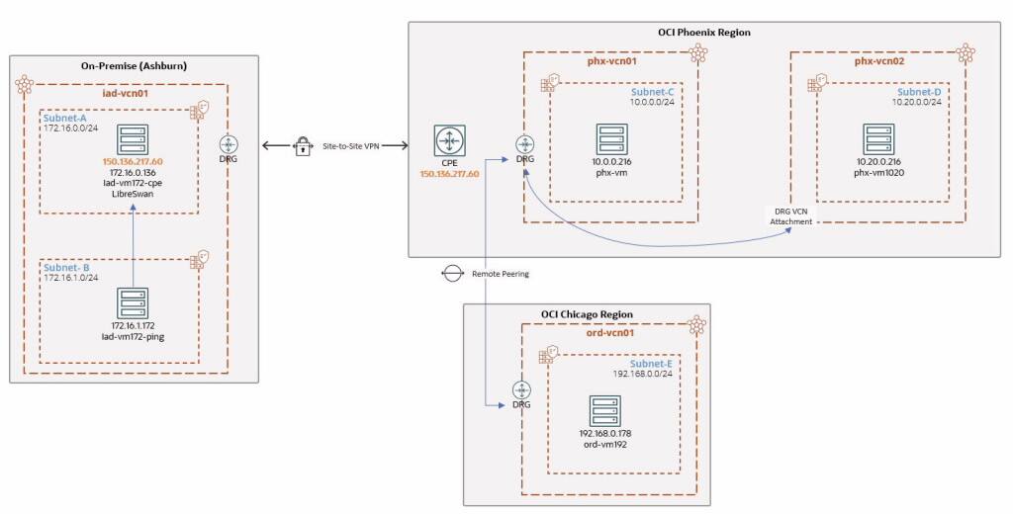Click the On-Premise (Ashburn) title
coord(135,66)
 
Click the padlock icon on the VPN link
coord(304,146)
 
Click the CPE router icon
coord(448,140)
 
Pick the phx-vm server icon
coord(612,138)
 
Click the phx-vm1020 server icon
coord(877,138)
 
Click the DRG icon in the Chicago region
coord(520,391)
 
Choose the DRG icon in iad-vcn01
coord(229,144)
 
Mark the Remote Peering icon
coord(451,273)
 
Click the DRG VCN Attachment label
coord(790,215)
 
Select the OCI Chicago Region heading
coord(587,314)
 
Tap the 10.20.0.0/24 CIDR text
coord(913,103)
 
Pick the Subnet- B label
coord(66,268)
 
